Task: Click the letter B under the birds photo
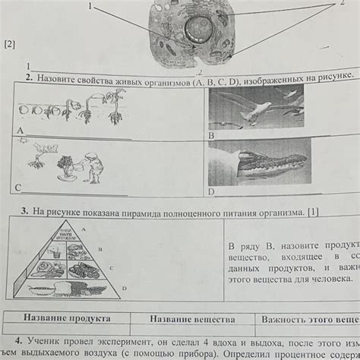[211, 134]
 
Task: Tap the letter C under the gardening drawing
[17, 186]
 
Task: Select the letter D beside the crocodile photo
[212, 191]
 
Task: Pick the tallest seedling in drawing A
[115, 103]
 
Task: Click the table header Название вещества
[191, 320]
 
